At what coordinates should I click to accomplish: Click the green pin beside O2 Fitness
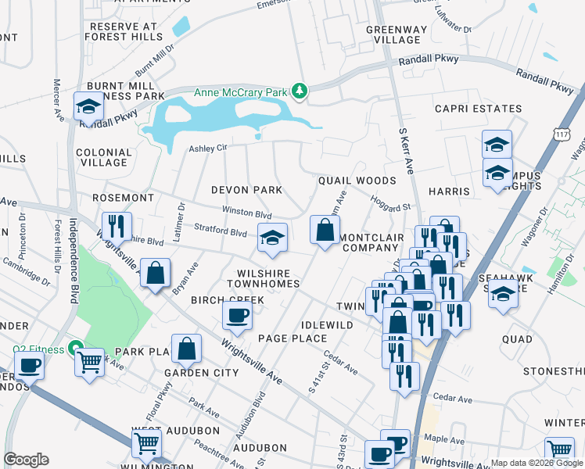[x=76, y=348]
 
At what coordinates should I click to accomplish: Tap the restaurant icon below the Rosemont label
[x=117, y=226]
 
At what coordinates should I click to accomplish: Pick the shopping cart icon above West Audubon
[x=146, y=442]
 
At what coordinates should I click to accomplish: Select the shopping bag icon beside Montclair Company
[x=324, y=230]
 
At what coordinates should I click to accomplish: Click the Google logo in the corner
[x=26, y=460]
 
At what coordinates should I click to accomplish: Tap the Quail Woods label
[x=357, y=181]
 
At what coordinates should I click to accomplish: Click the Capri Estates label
[x=478, y=109]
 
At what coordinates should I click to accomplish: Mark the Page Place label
[x=292, y=338]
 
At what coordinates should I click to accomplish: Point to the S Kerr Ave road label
[x=405, y=151]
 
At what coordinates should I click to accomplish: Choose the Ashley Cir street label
[x=207, y=148]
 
